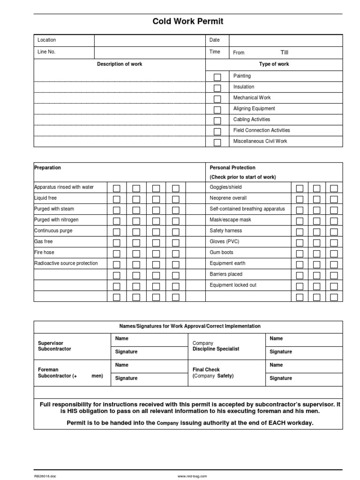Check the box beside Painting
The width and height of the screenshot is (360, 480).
coord(217,77)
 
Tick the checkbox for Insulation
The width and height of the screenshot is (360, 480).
coord(217,88)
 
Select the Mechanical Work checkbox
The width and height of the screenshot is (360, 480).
coord(217,99)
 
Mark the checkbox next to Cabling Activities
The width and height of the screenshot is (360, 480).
coord(217,120)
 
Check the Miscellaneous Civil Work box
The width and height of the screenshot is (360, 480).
coord(217,142)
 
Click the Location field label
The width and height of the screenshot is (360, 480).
coord(46,40)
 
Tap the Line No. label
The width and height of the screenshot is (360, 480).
coord(46,52)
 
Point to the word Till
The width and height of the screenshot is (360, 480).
coord(285,52)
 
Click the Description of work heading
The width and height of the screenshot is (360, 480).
coord(120,64)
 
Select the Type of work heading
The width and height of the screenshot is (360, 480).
coord(274,64)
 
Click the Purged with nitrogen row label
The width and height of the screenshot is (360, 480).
coord(56,220)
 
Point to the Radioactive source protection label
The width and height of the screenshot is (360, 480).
coord(66,263)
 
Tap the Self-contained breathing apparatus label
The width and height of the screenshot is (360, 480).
coord(247,209)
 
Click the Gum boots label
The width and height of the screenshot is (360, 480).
coord(221,253)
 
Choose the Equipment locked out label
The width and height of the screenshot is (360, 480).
coord(233,285)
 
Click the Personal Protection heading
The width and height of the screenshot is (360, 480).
coord(232,168)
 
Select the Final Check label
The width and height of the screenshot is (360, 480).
coord(206,370)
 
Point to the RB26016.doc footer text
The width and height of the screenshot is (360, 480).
coord(45,476)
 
